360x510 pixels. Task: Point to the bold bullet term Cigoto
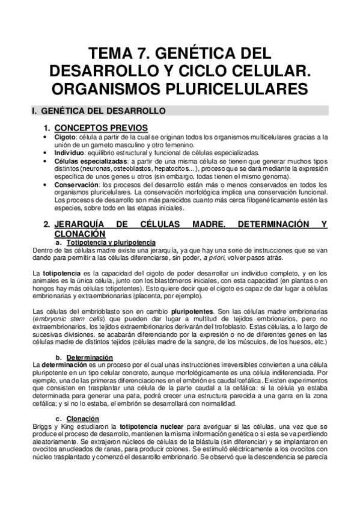click(64, 137)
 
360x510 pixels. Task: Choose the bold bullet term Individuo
click(68, 153)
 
